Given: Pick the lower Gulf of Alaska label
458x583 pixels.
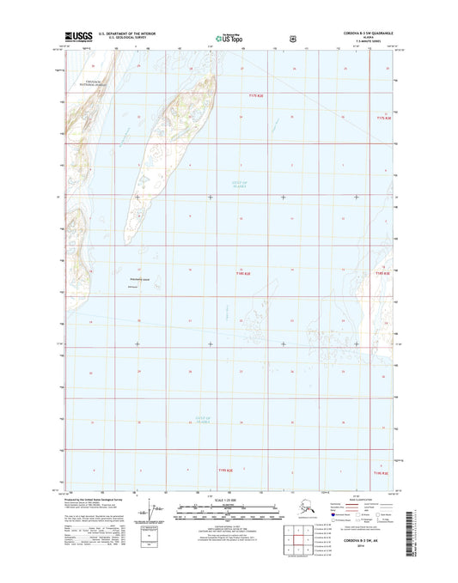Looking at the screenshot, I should tap(196, 418).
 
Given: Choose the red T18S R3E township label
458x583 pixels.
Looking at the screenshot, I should tap(381, 273).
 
